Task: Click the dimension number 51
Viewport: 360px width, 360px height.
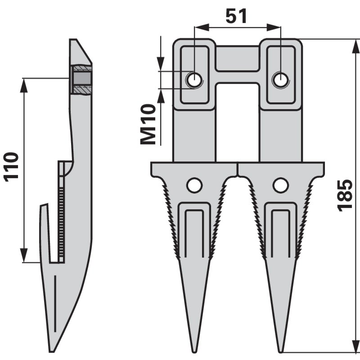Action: coord(237,17)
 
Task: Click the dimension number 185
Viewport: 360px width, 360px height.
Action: coord(345,195)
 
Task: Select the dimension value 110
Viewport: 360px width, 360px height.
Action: coord(11,166)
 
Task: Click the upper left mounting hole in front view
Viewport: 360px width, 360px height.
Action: coord(194,80)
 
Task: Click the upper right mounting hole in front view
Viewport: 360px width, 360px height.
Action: coord(280,80)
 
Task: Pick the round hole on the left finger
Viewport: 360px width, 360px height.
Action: coord(194,185)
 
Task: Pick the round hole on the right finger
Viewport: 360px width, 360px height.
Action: coord(280,185)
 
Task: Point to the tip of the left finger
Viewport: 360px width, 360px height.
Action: coord(194,350)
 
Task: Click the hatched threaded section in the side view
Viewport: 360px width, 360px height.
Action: coord(81,80)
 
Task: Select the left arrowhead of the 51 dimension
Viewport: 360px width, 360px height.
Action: coord(198,27)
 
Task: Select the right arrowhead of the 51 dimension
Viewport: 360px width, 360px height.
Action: coord(276,27)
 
